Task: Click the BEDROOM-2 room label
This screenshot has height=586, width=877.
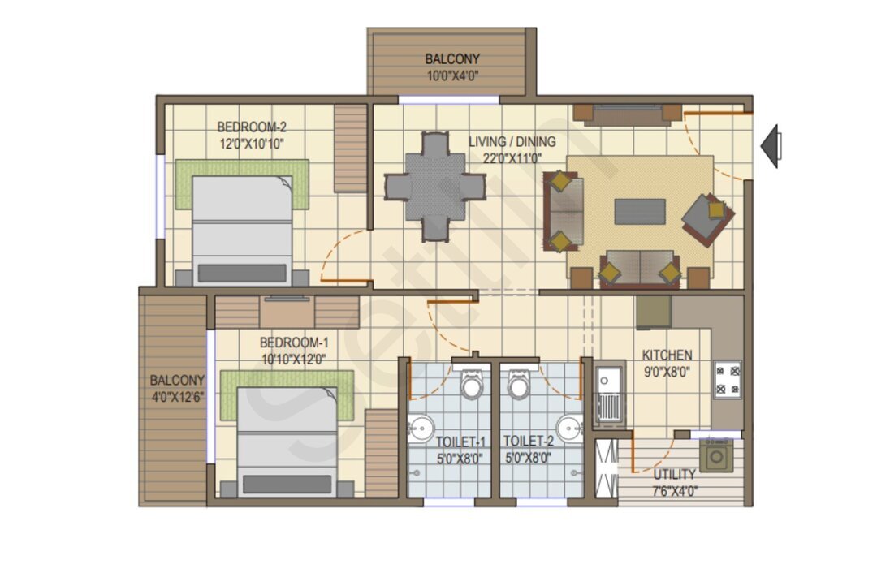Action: point(252,127)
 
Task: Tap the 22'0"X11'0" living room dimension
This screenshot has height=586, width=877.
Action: point(512,158)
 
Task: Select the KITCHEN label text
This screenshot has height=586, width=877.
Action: point(667,355)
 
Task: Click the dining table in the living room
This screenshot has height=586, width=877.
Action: point(435,186)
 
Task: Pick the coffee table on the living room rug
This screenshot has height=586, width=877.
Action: point(640,212)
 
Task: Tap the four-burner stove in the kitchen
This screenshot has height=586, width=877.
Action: point(727,380)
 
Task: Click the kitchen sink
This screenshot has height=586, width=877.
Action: point(608,393)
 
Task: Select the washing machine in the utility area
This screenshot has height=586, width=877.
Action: point(716,455)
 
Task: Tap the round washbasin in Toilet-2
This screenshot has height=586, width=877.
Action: point(570,429)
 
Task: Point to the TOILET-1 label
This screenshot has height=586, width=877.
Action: point(461,442)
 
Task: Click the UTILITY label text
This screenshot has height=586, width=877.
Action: point(675,475)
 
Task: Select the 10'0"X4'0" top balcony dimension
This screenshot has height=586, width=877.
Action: point(453,75)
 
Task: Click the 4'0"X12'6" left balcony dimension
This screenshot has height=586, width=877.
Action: point(178,398)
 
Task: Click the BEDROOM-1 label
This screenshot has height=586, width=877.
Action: point(294,343)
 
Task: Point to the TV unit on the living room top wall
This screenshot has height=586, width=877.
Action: point(627,114)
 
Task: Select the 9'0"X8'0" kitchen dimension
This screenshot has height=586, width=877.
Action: point(667,372)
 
